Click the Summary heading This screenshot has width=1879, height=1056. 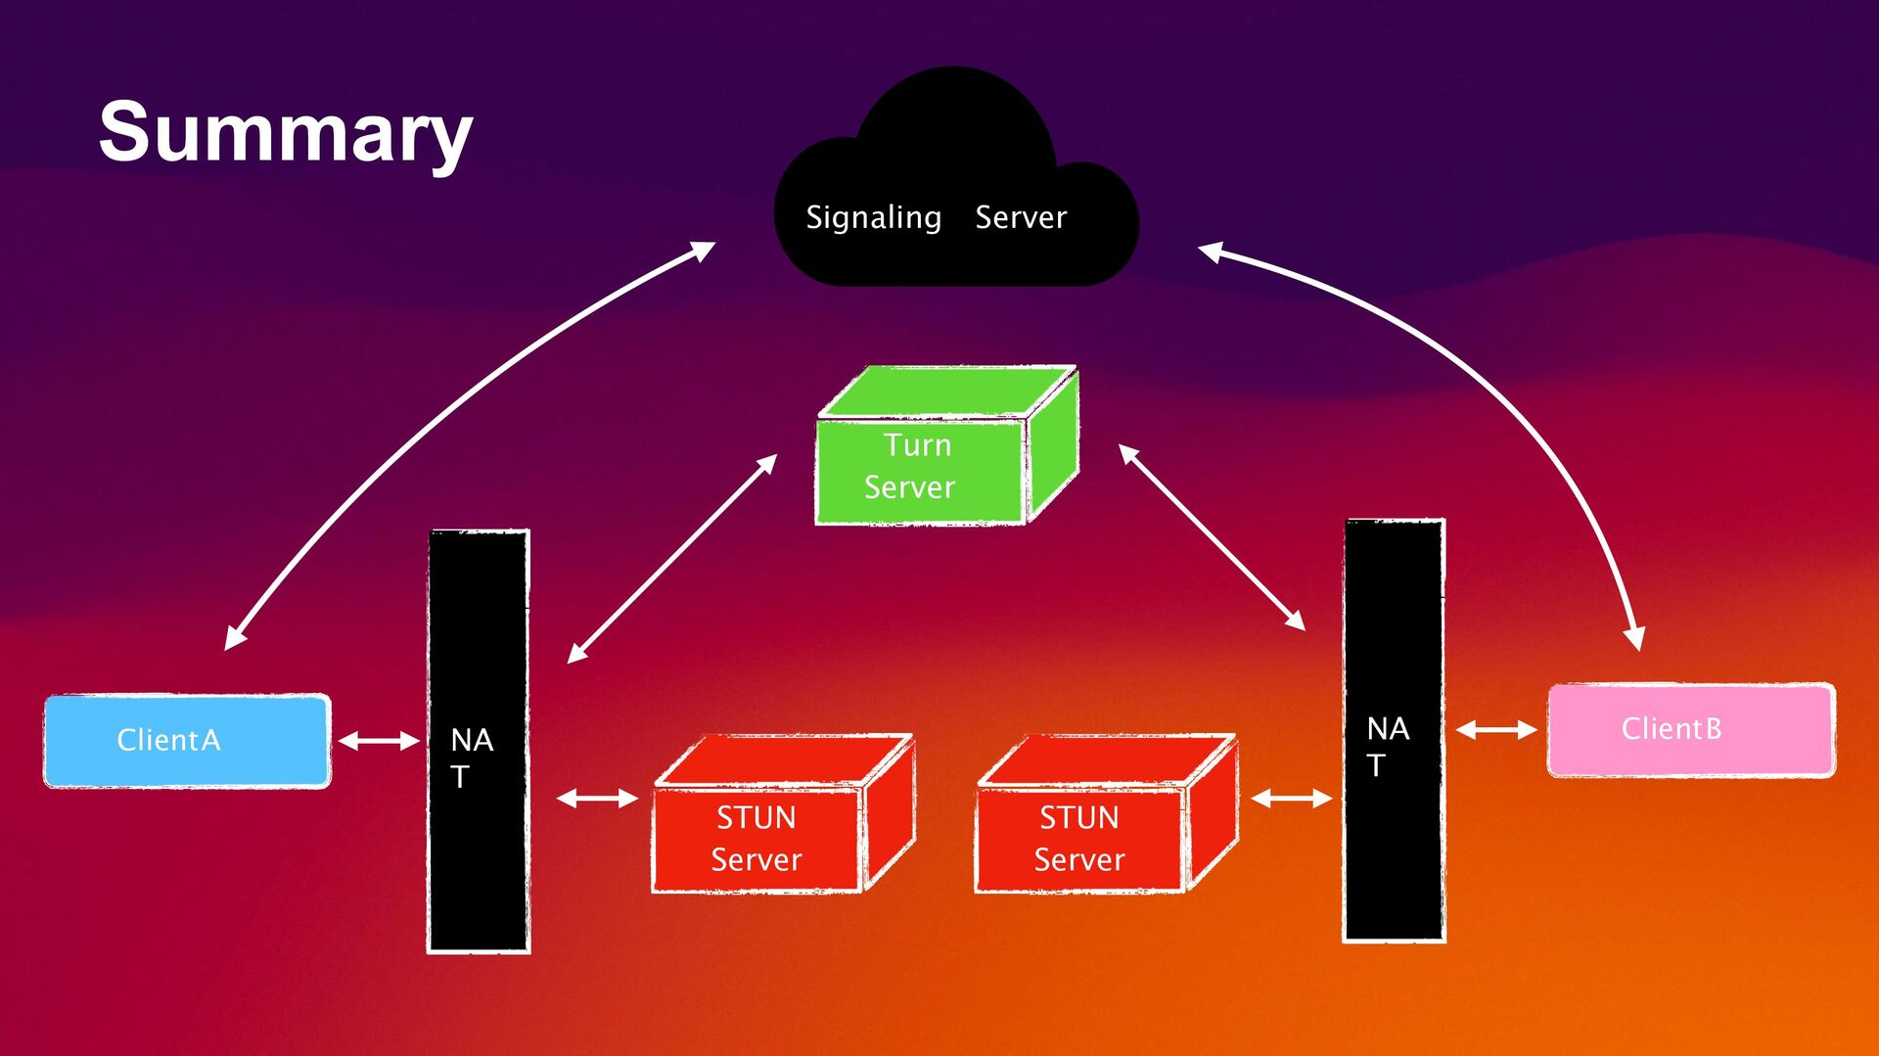click(286, 134)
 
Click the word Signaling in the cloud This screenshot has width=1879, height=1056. click(873, 217)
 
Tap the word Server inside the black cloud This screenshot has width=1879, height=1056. click(1021, 217)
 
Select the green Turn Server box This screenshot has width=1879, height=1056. click(947, 445)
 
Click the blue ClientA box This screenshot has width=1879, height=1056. click(187, 741)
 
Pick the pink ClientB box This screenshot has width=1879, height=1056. click(1691, 730)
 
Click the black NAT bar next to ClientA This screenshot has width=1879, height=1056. click(479, 741)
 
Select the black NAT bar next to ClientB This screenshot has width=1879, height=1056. click(1394, 730)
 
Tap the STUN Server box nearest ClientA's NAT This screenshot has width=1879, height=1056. click(784, 813)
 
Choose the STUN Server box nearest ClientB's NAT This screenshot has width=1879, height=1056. click(1107, 813)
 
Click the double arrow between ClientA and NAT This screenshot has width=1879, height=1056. click(379, 741)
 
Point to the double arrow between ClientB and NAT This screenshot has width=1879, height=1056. click(1496, 730)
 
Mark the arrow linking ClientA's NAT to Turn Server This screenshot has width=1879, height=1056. click(672, 559)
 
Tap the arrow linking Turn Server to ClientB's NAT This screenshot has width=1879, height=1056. click(1212, 537)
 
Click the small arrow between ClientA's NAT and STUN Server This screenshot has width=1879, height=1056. click(597, 799)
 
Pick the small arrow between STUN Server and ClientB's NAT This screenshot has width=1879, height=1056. click(1292, 799)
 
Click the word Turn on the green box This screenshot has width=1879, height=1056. click(917, 445)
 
